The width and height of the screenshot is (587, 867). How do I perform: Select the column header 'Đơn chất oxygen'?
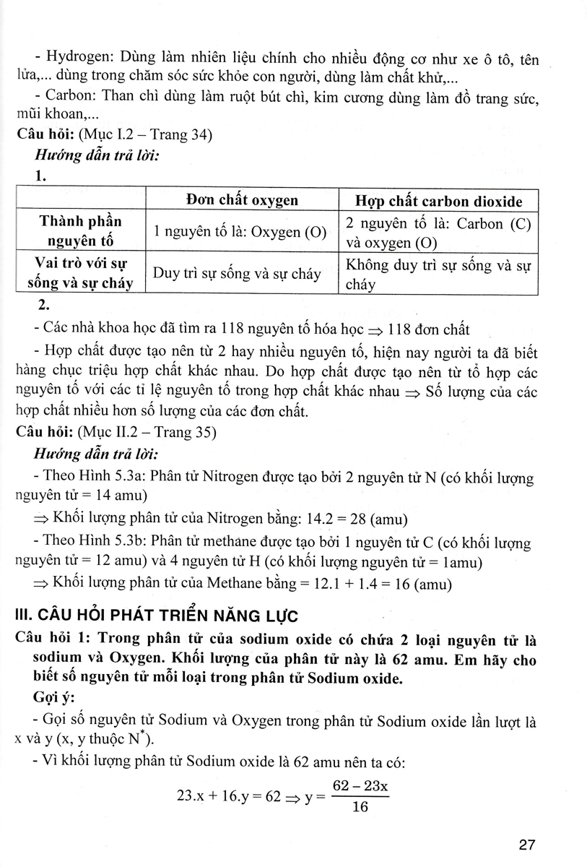241,200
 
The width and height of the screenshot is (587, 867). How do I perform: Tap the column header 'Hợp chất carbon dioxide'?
439,201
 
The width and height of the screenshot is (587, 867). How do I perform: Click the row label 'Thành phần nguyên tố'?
80,231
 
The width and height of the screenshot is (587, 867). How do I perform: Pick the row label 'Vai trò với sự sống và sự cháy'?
80,273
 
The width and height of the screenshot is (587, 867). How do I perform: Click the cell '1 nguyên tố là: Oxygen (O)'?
240,232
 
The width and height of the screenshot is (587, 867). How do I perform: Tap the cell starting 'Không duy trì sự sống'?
438,274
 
